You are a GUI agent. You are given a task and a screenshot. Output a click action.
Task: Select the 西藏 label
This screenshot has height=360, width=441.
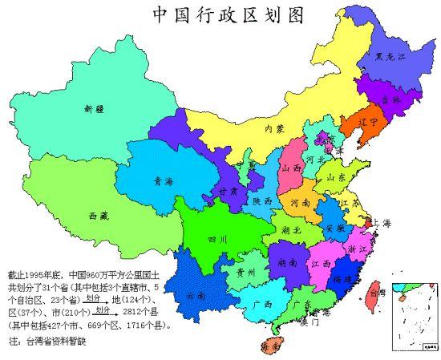pos(99,216)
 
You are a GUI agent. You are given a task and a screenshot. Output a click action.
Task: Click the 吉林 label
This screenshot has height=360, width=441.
pos(390,99)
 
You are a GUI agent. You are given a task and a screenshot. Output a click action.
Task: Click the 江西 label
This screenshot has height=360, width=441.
pos(325,263)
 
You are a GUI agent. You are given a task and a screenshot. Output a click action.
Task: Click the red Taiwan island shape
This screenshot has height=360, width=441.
pos(372,293)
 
